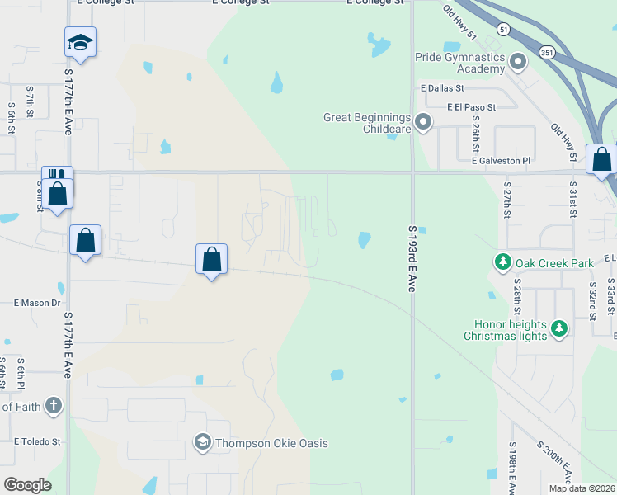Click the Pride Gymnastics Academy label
click(459, 63)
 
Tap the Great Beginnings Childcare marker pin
click(423, 123)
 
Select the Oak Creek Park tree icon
click(503, 263)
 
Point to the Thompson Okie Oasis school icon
click(202, 443)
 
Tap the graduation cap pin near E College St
click(80, 41)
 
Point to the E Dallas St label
click(442, 87)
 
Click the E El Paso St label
click(471, 107)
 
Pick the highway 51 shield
click(503, 30)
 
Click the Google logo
click(27, 484)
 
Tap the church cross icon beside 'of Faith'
click(53, 405)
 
